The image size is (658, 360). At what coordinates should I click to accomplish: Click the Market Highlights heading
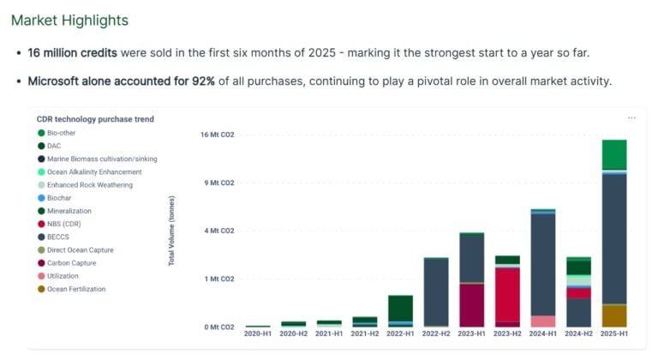click(70, 20)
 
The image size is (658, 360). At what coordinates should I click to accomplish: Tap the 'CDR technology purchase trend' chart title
click(95, 119)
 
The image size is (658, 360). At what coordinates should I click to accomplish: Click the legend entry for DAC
click(54, 146)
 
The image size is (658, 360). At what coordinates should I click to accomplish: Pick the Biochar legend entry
click(60, 198)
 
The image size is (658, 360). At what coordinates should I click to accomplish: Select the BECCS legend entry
click(59, 237)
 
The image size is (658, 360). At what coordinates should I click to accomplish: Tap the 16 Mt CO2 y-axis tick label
click(218, 135)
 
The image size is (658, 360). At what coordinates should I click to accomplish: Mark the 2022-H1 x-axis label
click(400, 333)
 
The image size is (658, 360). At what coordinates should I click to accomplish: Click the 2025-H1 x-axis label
click(613, 333)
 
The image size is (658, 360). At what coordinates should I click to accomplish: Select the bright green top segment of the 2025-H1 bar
click(613, 154)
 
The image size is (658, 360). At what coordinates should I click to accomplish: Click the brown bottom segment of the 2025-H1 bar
click(613, 315)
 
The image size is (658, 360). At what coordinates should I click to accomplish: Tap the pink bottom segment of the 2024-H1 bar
click(542, 321)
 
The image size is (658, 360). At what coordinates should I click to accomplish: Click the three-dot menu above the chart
click(632, 118)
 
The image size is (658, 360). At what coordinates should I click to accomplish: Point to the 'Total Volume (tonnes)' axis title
click(171, 230)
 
